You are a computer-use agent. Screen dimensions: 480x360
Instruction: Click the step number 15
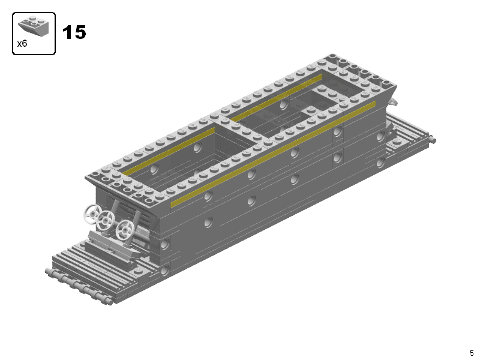click(74, 32)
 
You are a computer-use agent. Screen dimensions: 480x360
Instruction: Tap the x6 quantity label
click(22, 44)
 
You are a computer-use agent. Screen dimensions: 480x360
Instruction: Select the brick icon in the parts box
click(34, 25)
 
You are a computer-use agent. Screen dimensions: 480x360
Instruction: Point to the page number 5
click(472, 353)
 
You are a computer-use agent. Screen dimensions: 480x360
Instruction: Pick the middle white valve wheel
click(106, 220)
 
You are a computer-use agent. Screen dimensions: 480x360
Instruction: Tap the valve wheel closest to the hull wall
click(125, 230)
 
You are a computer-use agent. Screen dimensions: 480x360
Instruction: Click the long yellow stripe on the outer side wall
click(273, 154)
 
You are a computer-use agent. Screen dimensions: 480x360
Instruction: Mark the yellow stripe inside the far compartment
click(276, 97)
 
